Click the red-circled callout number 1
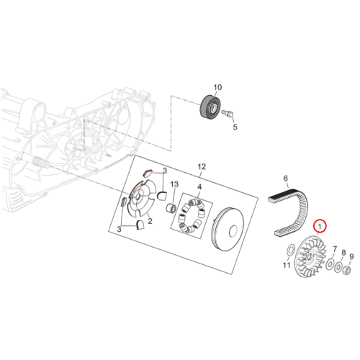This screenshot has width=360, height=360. pyautogui.click(x=320, y=226)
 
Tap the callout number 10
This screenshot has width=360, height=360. pyautogui.click(x=217, y=87)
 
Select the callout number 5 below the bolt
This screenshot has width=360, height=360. pyautogui.click(x=235, y=127)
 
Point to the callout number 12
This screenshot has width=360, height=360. pyautogui.click(x=202, y=166)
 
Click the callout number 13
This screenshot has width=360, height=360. pyautogui.click(x=174, y=184)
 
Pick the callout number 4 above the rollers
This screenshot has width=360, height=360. pyautogui.click(x=199, y=187)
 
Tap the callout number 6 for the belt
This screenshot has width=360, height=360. pyautogui.click(x=285, y=179)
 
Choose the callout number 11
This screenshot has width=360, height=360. pyautogui.click(x=287, y=265)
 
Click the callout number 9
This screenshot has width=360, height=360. pyautogui.click(x=351, y=257)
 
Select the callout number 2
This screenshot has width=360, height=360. pyautogui.click(x=150, y=221)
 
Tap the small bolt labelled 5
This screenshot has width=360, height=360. pyautogui.click(x=228, y=113)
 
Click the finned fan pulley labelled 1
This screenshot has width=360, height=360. pyautogui.click(x=310, y=257)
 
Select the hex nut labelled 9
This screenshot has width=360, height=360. pyautogui.click(x=346, y=271)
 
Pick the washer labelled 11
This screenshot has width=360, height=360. pyautogui.click(x=290, y=250)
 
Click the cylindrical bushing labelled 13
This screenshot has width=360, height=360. pyautogui.click(x=172, y=207)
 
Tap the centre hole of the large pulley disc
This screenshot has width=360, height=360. pyautogui.click(x=233, y=231)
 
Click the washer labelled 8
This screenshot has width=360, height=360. pyautogui.click(x=339, y=267)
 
